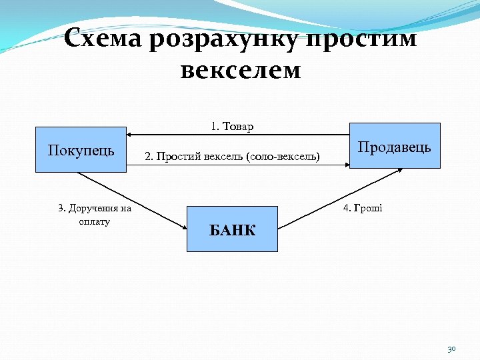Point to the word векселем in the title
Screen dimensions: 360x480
click(x=240, y=70)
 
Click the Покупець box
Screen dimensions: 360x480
click(x=81, y=149)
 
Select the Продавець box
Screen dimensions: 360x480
click(x=394, y=146)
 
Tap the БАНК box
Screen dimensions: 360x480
click(x=232, y=229)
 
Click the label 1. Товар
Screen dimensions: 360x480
click(x=232, y=126)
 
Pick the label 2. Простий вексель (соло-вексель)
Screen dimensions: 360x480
click(x=232, y=157)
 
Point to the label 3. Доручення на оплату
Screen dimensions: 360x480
click(x=95, y=215)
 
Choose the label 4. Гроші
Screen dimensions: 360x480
click(x=363, y=208)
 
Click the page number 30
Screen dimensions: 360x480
click(x=451, y=349)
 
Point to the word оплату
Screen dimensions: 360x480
click(x=94, y=221)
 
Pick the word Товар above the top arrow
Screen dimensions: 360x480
click(x=237, y=126)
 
